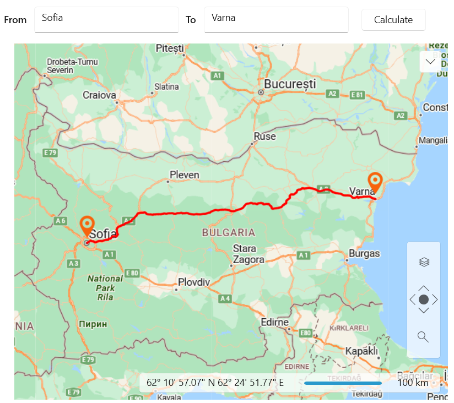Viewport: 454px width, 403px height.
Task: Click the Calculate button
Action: (393, 20)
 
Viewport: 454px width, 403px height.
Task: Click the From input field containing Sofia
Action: (106, 20)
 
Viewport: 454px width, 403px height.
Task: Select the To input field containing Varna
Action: (275, 20)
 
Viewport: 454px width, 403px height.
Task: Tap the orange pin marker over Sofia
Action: (87, 226)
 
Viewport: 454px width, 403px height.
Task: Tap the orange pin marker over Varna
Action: (375, 182)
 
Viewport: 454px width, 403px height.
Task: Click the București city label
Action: (290, 84)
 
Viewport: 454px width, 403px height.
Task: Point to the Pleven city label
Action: (185, 175)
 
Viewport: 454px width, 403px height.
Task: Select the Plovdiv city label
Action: (193, 282)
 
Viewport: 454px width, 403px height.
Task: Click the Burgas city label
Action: (364, 254)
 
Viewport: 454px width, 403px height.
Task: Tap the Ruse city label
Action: (264, 137)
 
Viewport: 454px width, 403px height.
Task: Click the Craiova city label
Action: (100, 95)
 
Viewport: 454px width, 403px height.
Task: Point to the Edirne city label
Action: (274, 322)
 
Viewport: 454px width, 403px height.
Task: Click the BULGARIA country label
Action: (228, 232)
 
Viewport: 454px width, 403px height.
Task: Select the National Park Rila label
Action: (105, 287)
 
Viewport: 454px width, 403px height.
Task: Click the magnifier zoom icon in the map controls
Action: (423, 336)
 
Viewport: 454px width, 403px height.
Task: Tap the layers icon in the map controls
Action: (424, 262)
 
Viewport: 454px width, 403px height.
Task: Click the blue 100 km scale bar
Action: (343, 383)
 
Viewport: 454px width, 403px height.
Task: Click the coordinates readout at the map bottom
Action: (215, 383)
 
